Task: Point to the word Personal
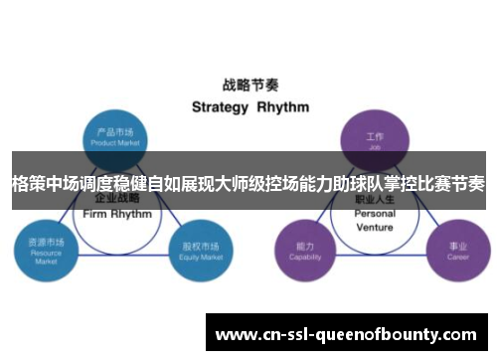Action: tap(375, 214)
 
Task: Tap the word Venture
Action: tap(375, 227)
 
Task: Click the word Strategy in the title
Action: tap(218, 106)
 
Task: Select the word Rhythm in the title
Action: tap(283, 106)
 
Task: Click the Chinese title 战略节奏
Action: tap(248, 85)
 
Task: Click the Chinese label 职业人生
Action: tap(375, 200)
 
